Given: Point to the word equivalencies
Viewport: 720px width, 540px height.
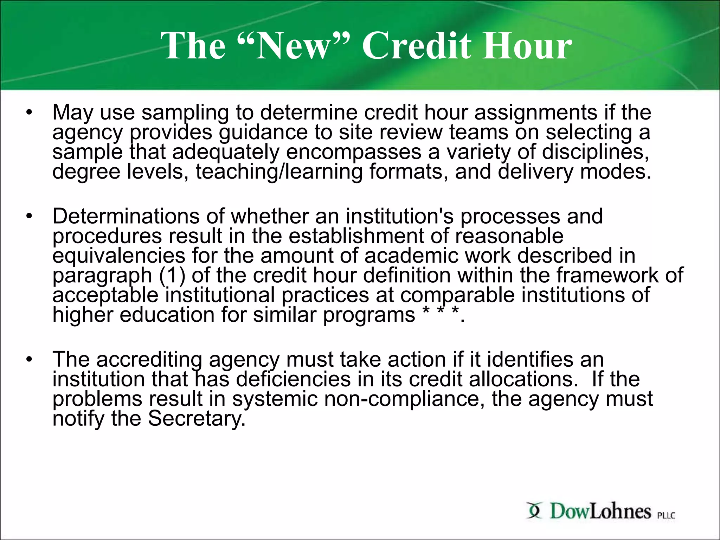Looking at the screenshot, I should pyautogui.click(x=119, y=256).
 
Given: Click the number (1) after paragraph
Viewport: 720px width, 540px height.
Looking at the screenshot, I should pyautogui.click(x=172, y=275).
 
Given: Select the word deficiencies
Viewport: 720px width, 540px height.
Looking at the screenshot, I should pyautogui.click(x=293, y=379).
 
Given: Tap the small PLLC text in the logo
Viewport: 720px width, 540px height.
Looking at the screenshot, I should pyautogui.click(x=666, y=515).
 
